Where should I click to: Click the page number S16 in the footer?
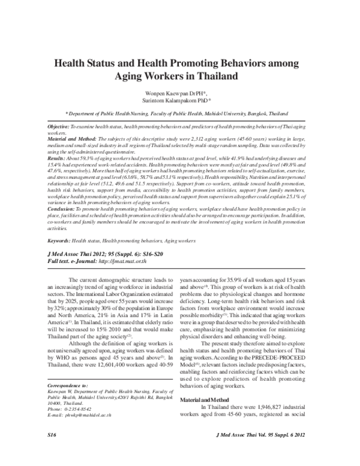[x=53, y=450]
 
